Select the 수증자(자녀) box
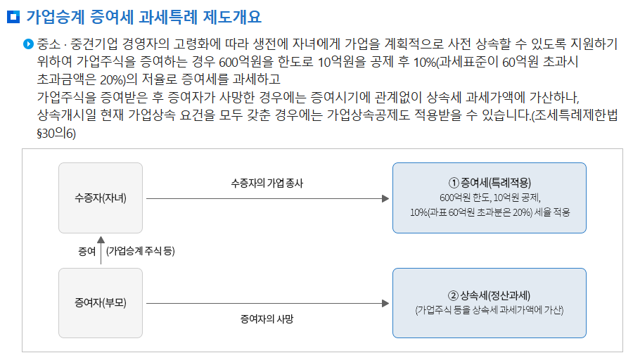(x=101, y=198)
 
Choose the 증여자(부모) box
(x=101, y=303)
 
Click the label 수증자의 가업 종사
(x=267, y=183)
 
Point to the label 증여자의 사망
(x=267, y=319)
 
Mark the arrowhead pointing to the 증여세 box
(x=385, y=199)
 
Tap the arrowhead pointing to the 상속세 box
(x=385, y=303)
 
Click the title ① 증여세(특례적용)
(x=489, y=182)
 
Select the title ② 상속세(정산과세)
(x=489, y=295)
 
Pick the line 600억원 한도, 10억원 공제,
(x=489, y=197)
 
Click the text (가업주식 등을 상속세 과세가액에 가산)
(x=489, y=309)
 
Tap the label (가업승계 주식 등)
(x=140, y=252)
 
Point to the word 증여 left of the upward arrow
(x=87, y=252)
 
